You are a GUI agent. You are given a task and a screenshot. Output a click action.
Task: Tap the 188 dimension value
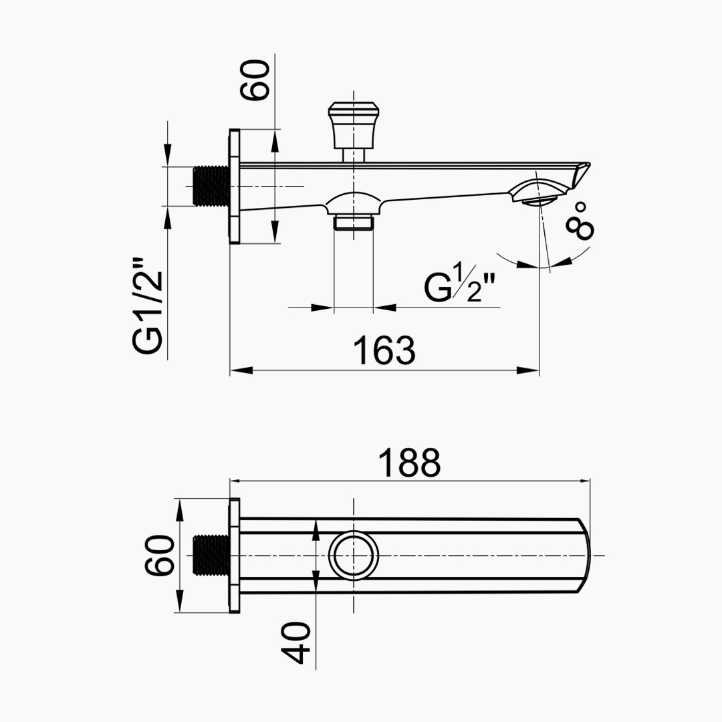410,462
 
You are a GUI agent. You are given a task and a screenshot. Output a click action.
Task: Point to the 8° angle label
580,220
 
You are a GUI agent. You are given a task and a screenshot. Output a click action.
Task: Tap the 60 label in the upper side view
256,80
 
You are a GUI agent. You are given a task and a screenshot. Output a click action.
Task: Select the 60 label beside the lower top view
161,555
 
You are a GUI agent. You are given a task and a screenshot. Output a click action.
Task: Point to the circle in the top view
354,556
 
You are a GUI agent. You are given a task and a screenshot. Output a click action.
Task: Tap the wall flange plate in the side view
235,186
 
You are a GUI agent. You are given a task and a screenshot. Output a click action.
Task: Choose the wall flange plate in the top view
235,556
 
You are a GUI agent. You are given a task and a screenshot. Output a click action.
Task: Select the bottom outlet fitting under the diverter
353,221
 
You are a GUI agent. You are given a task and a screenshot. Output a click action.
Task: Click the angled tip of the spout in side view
582,172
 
